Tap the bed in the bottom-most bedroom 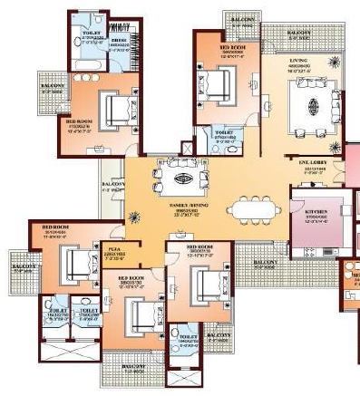coord(141,316)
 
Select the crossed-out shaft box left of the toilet coord(188,146)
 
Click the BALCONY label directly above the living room coord(298,33)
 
